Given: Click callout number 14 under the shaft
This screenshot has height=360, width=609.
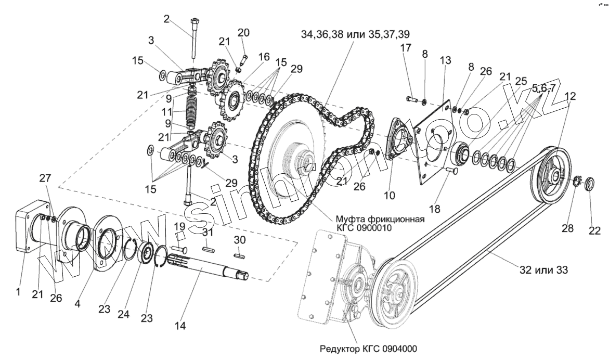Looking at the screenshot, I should pyautogui.click(x=180, y=326).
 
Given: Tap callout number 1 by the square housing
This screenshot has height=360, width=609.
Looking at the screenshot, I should pyautogui.click(x=18, y=292).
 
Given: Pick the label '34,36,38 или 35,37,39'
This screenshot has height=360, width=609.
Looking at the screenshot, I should pyautogui.click(x=355, y=34).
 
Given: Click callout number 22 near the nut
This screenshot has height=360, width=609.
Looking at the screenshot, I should pyautogui.click(x=594, y=230).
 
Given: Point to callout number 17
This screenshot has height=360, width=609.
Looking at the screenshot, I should pyautogui.click(x=406, y=48).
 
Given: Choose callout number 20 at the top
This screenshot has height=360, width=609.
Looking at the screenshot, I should pyautogui.click(x=243, y=33).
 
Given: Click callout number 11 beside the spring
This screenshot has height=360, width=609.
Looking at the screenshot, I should pyautogui.click(x=166, y=111).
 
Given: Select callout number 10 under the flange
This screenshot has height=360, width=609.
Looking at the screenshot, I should pyautogui.click(x=390, y=196).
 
